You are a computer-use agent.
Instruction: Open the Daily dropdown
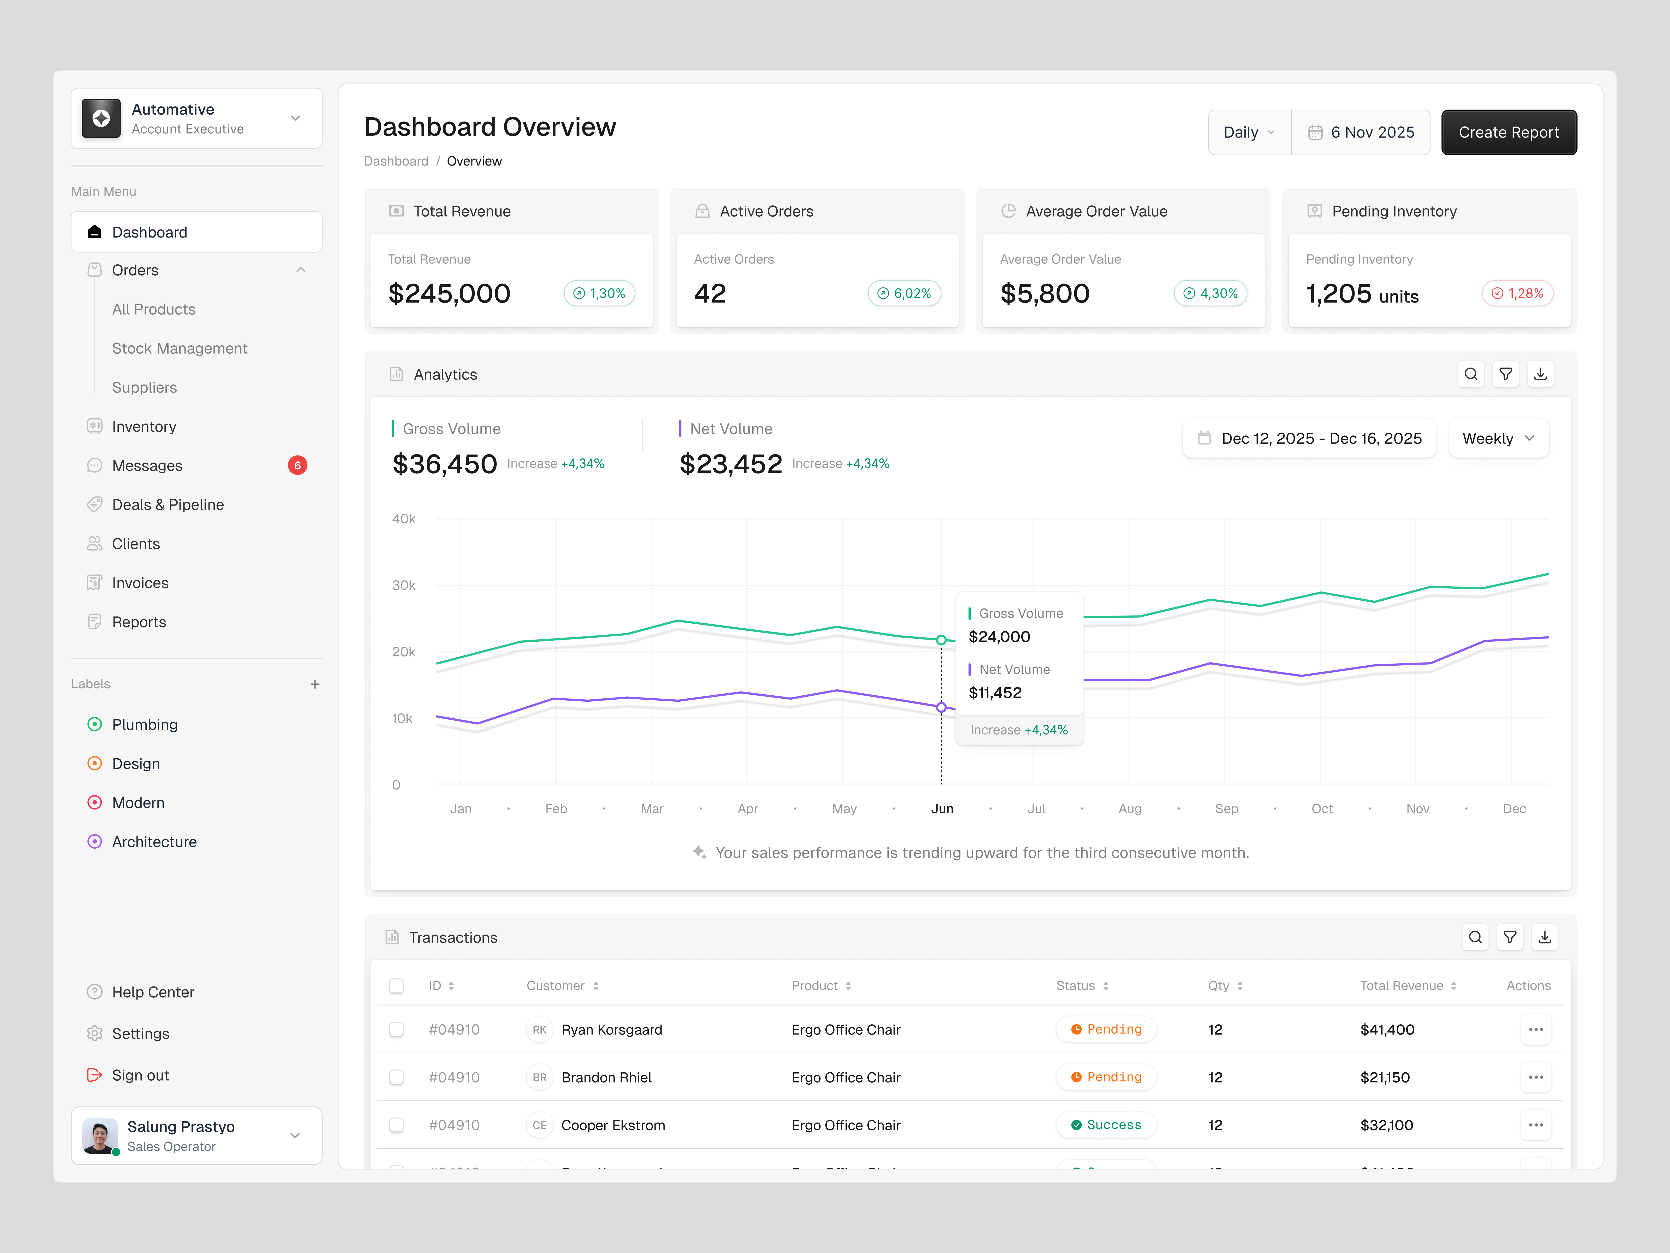click(x=1249, y=132)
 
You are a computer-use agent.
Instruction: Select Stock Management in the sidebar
click(x=180, y=348)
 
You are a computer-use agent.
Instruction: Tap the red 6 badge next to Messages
click(x=297, y=465)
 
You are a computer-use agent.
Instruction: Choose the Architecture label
click(x=154, y=841)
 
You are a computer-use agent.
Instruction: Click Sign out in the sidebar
click(x=140, y=1075)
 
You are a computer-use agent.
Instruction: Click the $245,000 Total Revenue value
click(x=449, y=293)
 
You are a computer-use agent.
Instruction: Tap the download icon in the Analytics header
click(x=1540, y=374)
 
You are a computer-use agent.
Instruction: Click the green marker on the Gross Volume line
click(x=941, y=640)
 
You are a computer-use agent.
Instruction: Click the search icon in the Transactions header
click(x=1475, y=937)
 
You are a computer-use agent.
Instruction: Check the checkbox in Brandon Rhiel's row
click(x=396, y=1077)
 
